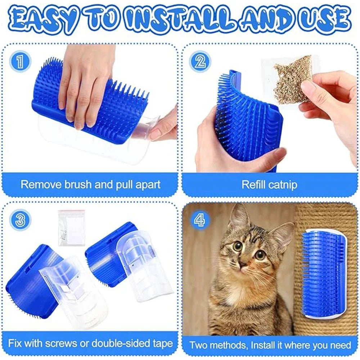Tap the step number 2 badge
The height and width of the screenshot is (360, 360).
pos(199,62)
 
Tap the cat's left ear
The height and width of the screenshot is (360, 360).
pos(238,218)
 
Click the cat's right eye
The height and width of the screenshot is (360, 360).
pos(260,255)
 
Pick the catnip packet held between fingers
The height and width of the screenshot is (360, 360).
pos(292,78)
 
